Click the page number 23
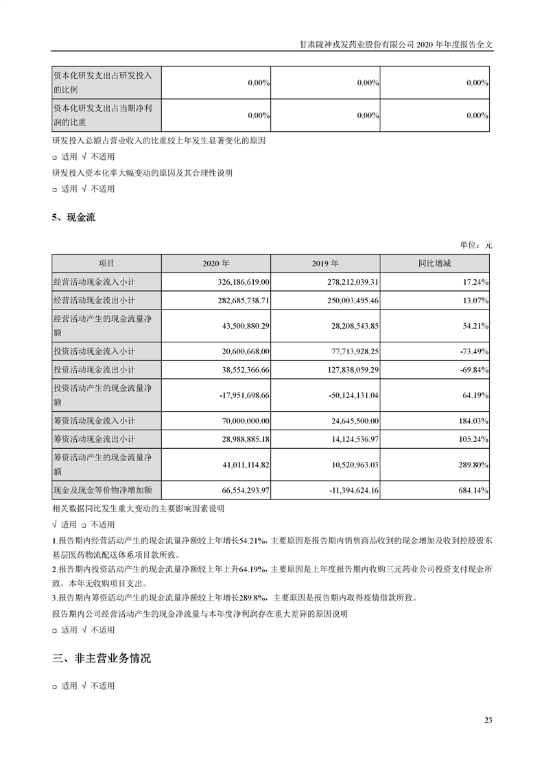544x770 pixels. click(x=488, y=720)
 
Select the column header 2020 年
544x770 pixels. click(x=216, y=264)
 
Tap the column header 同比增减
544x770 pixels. click(x=435, y=264)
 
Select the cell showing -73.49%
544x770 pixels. click(x=473, y=351)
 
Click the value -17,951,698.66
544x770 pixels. click(x=237, y=395)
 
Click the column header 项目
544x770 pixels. click(x=106, y=264)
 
